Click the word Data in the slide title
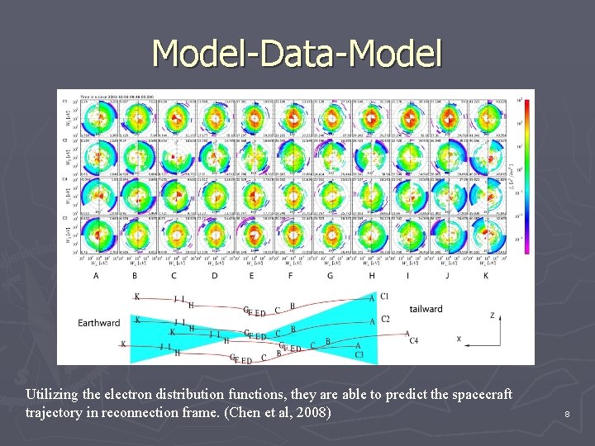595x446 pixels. [x=297, y=54]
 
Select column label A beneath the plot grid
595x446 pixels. [x=97, y=275]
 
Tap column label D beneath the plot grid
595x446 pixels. [x=214, y=275]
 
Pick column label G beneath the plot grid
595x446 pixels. [x=330, y=275]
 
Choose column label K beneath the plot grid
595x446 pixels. [x=485, y=275]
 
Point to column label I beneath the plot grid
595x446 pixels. [x=407, y=275]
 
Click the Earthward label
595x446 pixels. [x=99, y=322]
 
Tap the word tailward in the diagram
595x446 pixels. [x=426, y=309]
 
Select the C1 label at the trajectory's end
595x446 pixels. [x=384, y=297]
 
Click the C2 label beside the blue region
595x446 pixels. [x=386, y=319]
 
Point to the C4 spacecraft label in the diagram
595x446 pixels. [x=413, y=339]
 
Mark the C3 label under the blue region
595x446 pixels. [x=359, y=354]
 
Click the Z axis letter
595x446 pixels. [x=492, y=315]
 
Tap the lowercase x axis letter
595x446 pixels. [x=459, y=339]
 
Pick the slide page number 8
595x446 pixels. [x=567, y=414]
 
